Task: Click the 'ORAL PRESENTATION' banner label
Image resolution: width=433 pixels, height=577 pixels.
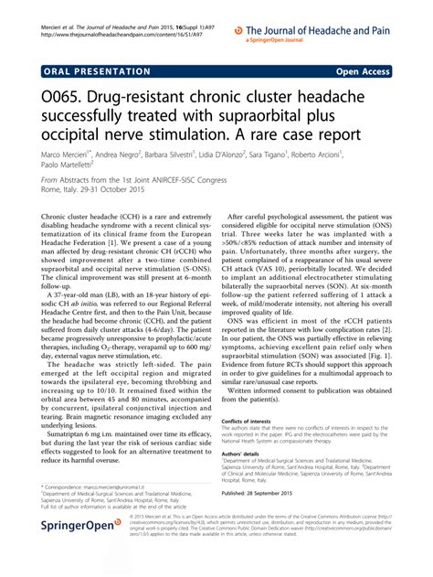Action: [85, 69]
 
